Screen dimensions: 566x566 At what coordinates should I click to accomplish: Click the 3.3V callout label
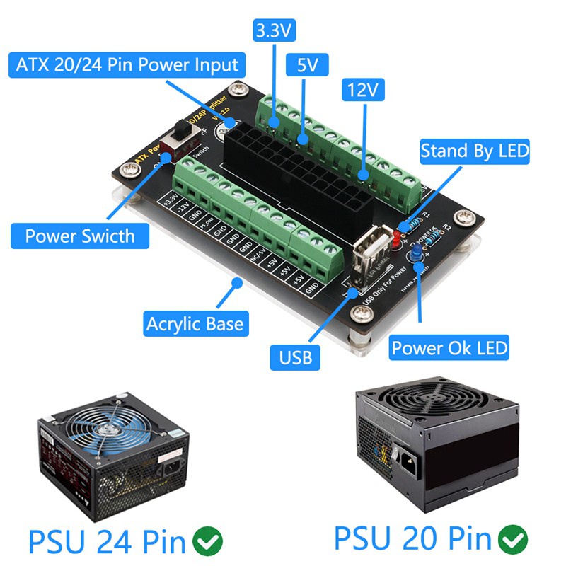point(274,31)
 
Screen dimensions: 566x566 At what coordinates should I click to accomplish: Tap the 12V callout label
point(362,90)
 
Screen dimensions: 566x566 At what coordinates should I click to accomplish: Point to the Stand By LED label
point(475,151)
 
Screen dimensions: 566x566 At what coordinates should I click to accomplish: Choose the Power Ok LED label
point(450,348)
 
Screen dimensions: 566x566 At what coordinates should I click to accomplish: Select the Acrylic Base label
point(195,325)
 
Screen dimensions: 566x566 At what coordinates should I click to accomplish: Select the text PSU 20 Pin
point(412,539)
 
